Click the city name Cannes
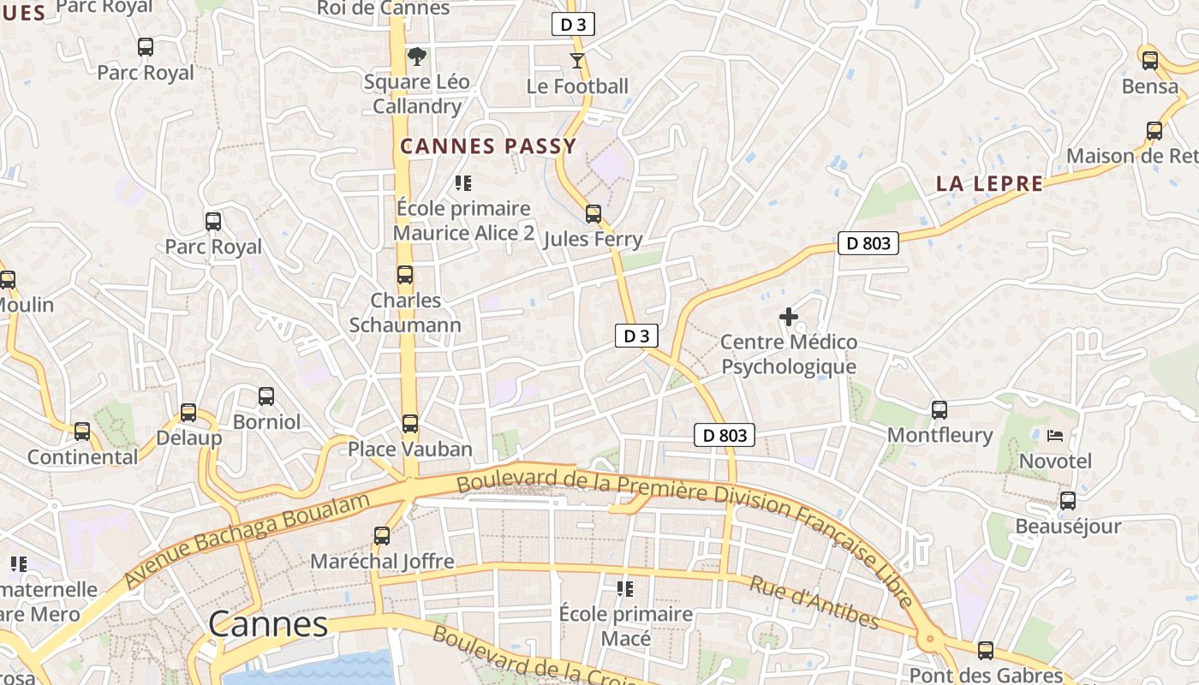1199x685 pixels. tap(268, 624)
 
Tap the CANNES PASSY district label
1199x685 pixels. tap(488, 146)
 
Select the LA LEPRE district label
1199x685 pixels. tap(989, 183)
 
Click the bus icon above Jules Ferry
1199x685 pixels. tap(593, 214)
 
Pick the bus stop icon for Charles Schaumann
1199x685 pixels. tap(404, 276)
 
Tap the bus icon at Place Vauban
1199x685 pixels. tap(410, 424)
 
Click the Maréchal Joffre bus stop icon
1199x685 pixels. tap(382, 536)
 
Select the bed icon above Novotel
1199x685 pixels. tap(1055, 436)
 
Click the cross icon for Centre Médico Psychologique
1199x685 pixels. tap(788, 318)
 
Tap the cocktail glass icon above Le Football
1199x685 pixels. tap(577, 61)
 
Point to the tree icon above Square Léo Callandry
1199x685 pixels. tap(416, 57)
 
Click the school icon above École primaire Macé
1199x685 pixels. tap(625, 589)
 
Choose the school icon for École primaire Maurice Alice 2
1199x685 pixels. tap(463, 183)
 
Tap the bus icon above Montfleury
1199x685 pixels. tap(939, 410)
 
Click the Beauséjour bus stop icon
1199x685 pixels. tap(1067, 501)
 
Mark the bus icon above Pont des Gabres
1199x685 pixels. tap(985, 651)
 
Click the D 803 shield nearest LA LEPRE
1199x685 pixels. tap(868, 243)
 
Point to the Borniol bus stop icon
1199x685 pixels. tap(266, 396)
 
